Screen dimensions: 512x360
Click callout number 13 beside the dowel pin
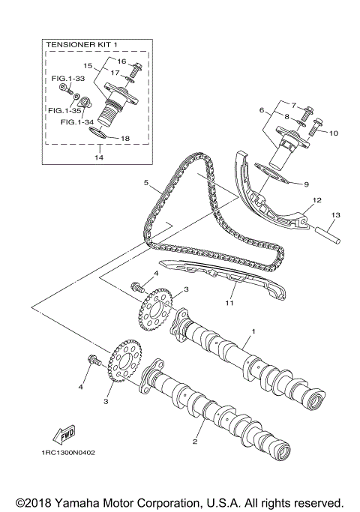[335, 215]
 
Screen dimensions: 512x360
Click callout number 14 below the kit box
[98, 159]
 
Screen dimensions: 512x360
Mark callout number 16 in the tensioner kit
[121, 61]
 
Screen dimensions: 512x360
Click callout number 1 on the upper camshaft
[253, 331]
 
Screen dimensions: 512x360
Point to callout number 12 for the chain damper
[317, 200]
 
